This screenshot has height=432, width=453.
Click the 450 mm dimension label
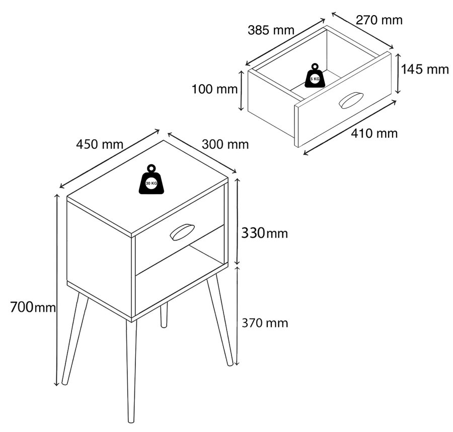[100, 145]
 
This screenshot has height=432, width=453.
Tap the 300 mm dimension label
[225, 144]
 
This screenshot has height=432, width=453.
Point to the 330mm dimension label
[265, 233]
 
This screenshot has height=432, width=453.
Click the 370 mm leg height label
[265, 323]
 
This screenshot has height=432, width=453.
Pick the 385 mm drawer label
[271, 30]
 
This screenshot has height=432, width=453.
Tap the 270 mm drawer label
[380, 20]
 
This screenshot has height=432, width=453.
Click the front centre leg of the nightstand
[131, 371]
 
